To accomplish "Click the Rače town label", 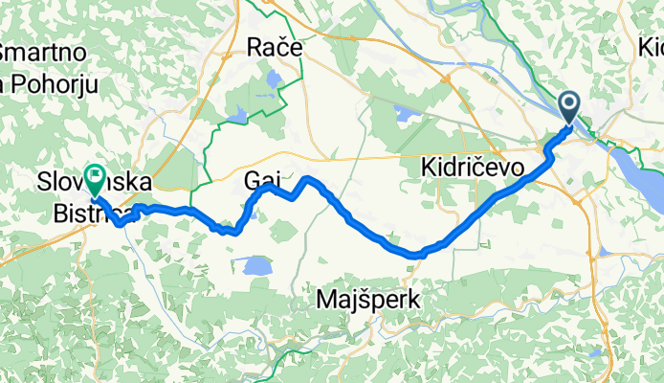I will [x=275, y=46].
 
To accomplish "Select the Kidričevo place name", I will [x=473, y=169].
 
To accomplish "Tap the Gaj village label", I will [x=264, y=179].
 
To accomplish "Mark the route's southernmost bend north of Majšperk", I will [x=414, y=255].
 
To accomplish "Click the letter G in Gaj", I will [x=252, y=179].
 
